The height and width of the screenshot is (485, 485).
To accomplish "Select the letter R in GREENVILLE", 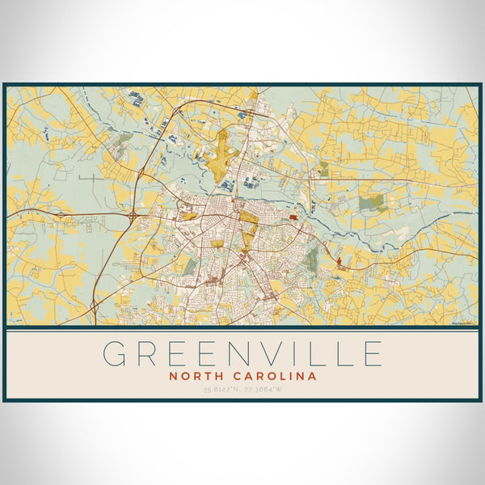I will click(151, 354).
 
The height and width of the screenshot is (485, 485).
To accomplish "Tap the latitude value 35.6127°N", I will click(221, 390).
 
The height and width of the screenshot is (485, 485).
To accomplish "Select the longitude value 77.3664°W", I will click(264, 390).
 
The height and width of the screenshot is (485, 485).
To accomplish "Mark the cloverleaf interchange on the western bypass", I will click(133, 216).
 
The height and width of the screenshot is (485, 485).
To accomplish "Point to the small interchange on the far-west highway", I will click(95, 304).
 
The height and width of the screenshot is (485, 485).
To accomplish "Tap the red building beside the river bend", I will click(293, 217).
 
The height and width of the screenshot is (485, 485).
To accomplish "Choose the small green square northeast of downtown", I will click(323, 169).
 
